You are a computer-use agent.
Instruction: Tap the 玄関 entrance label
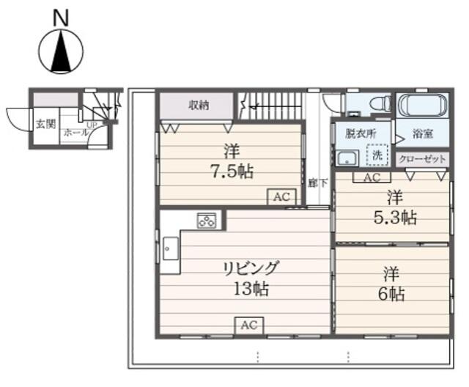click(45, 123)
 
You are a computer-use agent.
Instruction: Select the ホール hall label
click(73, 133)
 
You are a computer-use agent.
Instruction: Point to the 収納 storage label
click(199, 105)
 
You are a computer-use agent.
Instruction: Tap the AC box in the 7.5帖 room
click(282, 196)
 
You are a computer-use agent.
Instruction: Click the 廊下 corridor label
click(312, 183)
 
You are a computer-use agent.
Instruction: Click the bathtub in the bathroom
click(421, 106)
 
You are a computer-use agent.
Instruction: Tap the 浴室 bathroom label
click(422, 135)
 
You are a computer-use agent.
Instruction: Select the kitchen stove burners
click(206, 219)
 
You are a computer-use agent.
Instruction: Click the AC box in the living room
click(249, 325)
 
